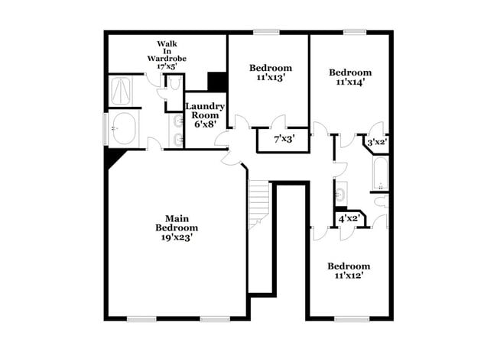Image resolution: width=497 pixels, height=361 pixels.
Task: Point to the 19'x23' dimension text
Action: [x=177, y=237]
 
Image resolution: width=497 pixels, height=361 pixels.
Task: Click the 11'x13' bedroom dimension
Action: [x=271, y=77]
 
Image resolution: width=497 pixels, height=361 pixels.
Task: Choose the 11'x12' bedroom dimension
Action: [x=349, y=275]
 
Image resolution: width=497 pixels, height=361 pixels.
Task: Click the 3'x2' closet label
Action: [x=377, y=142]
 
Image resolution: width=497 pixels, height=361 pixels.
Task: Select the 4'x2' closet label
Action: [x=349, y=219]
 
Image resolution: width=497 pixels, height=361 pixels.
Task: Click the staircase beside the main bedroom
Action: [x=260, y=202]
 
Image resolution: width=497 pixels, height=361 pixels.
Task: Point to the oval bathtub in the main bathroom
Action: [x=122, y=128]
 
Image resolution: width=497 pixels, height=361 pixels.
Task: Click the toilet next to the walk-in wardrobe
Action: [x=174, y=84]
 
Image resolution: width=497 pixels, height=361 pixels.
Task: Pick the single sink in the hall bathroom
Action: [x=341, y=192]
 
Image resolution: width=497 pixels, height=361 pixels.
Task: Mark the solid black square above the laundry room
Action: [x=217, y=82]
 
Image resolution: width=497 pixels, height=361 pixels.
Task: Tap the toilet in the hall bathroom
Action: [x=380, y=201]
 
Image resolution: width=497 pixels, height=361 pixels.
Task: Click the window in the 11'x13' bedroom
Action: [x=265, y=32]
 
